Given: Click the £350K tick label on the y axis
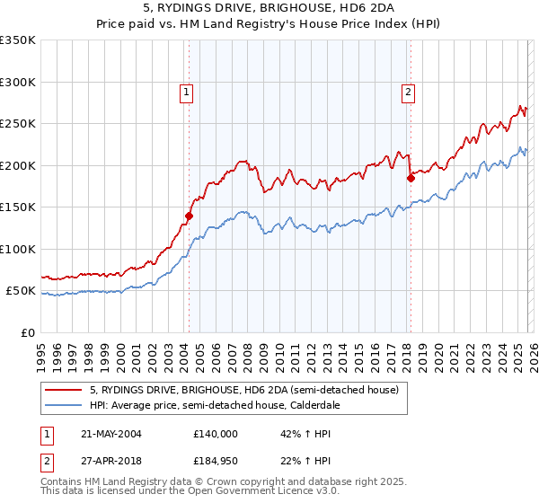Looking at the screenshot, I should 17,40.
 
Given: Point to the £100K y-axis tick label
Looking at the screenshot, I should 17,249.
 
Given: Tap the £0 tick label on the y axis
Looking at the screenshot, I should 26,332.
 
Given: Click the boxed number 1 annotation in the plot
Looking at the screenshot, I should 186,91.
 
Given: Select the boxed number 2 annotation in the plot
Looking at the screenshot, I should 408,91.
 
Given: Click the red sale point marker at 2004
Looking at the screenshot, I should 189,216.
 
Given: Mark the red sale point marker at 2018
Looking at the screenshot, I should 411,178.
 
